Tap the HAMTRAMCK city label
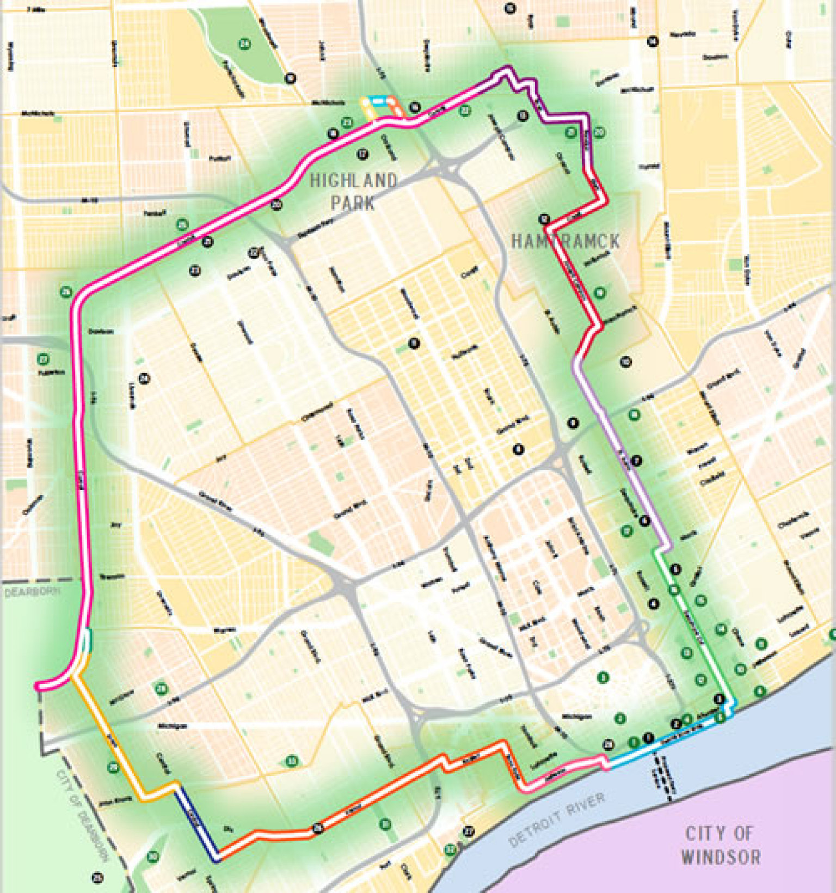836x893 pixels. (x=565, y=241)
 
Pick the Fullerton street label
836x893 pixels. (x=51, y=373)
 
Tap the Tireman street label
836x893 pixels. (x=112, y=576)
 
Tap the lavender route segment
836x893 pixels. (x=620, y=457)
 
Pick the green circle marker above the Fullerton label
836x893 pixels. (x=44, y=359)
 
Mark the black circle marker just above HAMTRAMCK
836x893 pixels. (x=544, y=219)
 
